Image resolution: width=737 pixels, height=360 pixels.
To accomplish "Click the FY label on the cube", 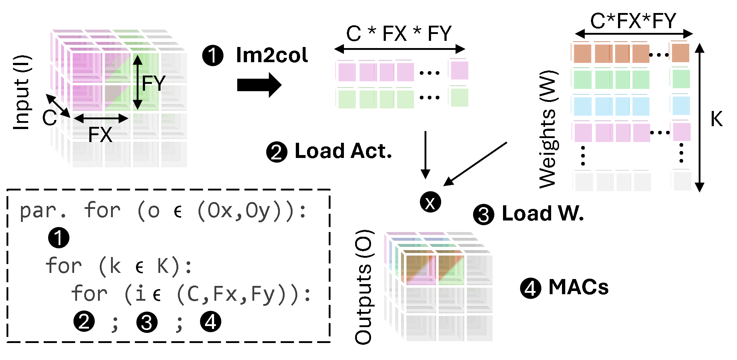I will (x=153, y=83).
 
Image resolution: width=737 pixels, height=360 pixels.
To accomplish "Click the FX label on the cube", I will (x=100, y=135).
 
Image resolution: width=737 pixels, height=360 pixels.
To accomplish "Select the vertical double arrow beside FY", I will (x=137, y=82).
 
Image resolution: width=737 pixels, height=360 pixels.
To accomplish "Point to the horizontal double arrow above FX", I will (x=101, y=118).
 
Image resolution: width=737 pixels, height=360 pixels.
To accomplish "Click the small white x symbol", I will (x=430, y=204).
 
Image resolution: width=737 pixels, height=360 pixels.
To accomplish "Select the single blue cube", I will (x=680, y=105).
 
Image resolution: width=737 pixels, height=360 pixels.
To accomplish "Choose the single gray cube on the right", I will (x=681, y=180).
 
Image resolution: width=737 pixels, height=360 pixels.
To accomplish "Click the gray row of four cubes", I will (x=611, y=181).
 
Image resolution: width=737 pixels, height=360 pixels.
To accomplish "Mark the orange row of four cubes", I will (x=610, y=52).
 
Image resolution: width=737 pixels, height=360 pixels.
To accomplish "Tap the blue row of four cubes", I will (x=610, y=105).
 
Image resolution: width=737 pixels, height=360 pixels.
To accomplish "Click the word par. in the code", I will (x=43, y=211).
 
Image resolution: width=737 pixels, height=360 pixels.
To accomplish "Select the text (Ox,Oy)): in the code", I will (x=252, y=211).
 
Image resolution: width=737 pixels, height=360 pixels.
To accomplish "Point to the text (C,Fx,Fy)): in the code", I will (x=243, y=294).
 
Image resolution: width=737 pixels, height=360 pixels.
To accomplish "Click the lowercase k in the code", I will (x=115, y=267).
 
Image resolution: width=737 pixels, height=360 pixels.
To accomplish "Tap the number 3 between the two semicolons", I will (x=146, y=322).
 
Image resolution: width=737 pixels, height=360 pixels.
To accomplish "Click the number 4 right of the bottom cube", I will (x=530, y=288).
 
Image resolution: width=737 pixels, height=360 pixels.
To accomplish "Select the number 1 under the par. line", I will (x=58, y=238).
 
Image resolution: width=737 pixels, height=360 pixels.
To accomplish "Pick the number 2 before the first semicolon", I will (x=84, y=321).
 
